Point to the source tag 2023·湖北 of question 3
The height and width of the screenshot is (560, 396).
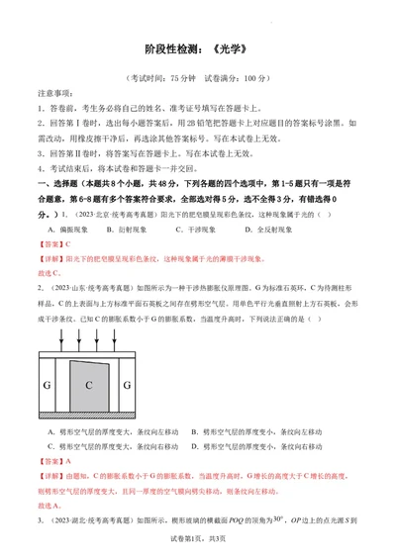tap(75, 519)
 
